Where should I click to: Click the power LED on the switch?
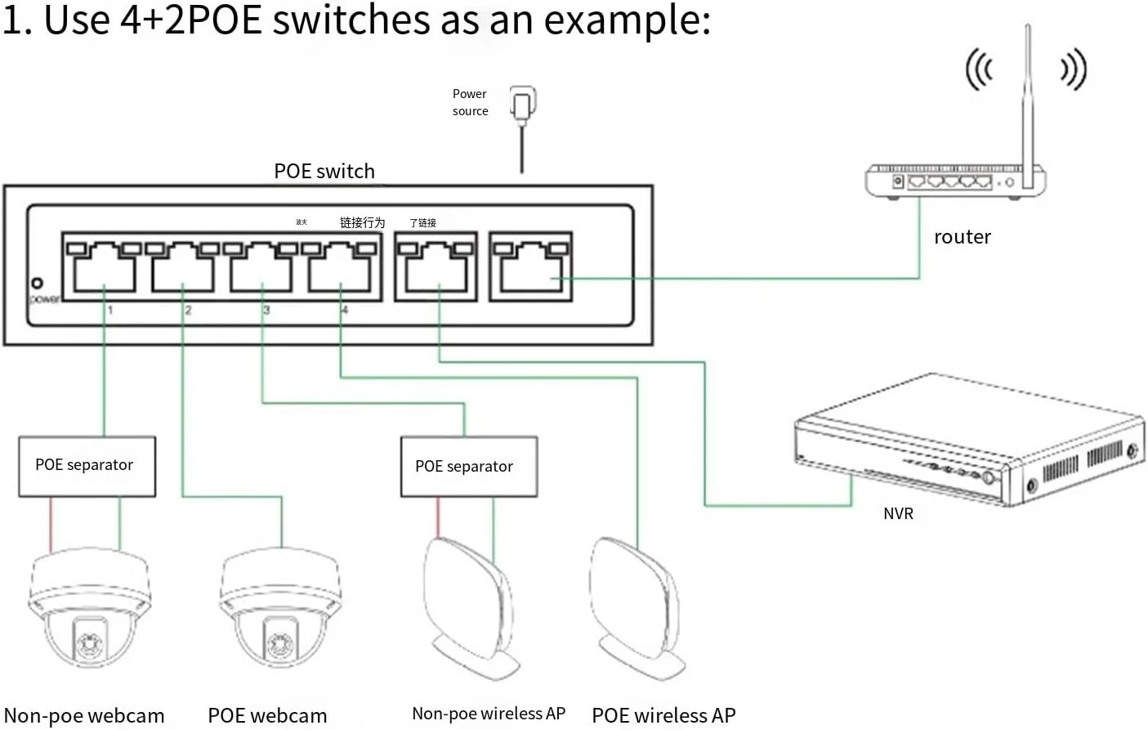37,284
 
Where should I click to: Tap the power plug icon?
522,104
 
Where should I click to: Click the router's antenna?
1027,98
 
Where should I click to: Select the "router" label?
962,237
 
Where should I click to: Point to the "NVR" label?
898,513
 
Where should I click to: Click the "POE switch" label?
324,171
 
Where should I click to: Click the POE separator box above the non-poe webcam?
87,466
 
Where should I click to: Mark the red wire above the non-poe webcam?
51,523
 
